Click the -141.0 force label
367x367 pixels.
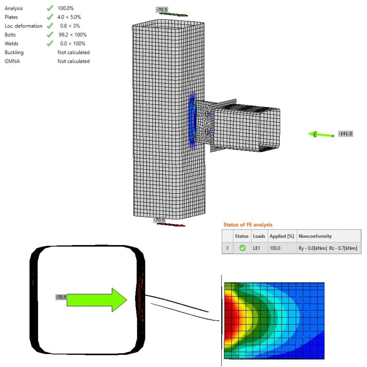[x=346, y=134]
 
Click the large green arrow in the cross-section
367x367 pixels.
[x=97, y=300]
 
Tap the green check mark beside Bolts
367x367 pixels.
[x=50, y=35]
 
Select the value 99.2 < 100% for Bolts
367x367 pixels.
[x=73, y=35]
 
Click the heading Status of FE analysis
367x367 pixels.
[x=248, y=225]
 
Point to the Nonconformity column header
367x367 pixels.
[x=315, y=236]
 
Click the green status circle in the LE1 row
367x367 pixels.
[x=243, y=248]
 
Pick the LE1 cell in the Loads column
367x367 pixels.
[x=257, y=248]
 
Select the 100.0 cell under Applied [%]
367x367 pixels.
[x=275, y=248]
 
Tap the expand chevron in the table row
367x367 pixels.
[x=227, y=248]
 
